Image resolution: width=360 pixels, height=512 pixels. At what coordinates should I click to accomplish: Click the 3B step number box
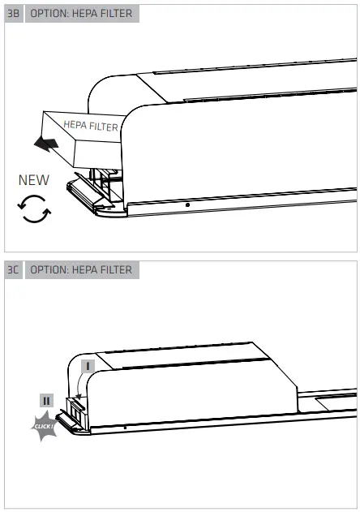13,15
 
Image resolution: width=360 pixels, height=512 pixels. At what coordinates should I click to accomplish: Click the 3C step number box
13,269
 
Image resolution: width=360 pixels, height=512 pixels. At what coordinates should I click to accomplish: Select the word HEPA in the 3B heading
77,15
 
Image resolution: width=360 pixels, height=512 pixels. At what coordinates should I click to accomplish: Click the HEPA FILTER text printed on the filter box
91,126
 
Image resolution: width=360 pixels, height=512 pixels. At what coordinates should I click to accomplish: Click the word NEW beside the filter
34,179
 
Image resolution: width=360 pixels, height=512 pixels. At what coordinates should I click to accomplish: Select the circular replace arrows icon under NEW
33,209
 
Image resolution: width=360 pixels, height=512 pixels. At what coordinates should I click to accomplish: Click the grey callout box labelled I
88,366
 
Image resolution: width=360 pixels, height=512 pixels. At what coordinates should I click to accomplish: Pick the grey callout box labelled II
46,400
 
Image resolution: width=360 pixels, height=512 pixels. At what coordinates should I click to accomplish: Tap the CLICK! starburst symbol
45,426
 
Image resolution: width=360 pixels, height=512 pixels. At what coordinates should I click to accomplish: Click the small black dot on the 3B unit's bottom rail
187,205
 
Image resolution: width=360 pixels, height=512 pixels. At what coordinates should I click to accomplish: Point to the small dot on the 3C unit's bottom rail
125,427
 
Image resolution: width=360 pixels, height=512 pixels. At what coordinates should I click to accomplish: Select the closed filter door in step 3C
74,415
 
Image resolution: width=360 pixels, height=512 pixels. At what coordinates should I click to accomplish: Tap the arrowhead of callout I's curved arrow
78,398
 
